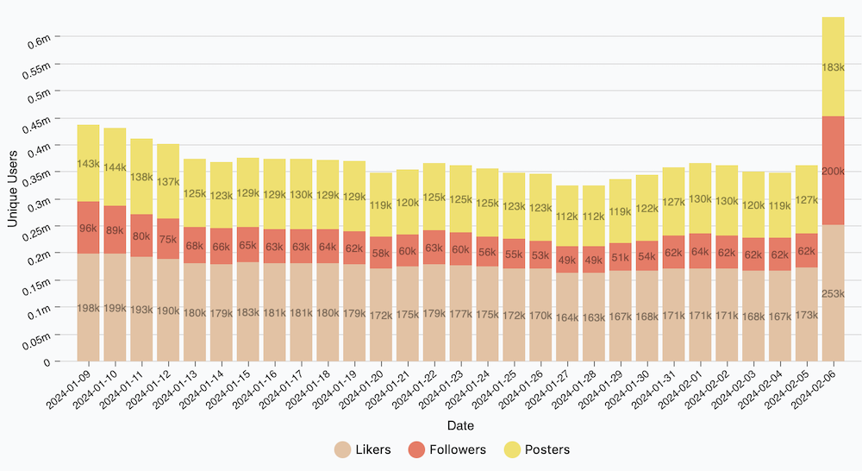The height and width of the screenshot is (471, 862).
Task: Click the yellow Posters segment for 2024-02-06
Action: [x=833, y=66]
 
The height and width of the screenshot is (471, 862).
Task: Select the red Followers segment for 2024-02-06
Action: [x=833, y=170]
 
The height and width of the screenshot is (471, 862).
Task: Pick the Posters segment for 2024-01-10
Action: [x=116, y=166]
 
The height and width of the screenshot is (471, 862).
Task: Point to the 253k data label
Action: [x=833, y=294]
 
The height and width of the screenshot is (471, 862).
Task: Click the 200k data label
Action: [x=833, y=172]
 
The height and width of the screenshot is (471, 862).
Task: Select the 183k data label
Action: [x=833, y=67]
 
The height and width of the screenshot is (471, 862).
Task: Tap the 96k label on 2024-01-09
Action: [x=89, y=229]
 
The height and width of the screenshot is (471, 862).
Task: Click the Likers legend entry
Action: [x=362, y=449]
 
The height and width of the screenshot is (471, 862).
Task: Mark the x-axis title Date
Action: [x=460, y=426]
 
